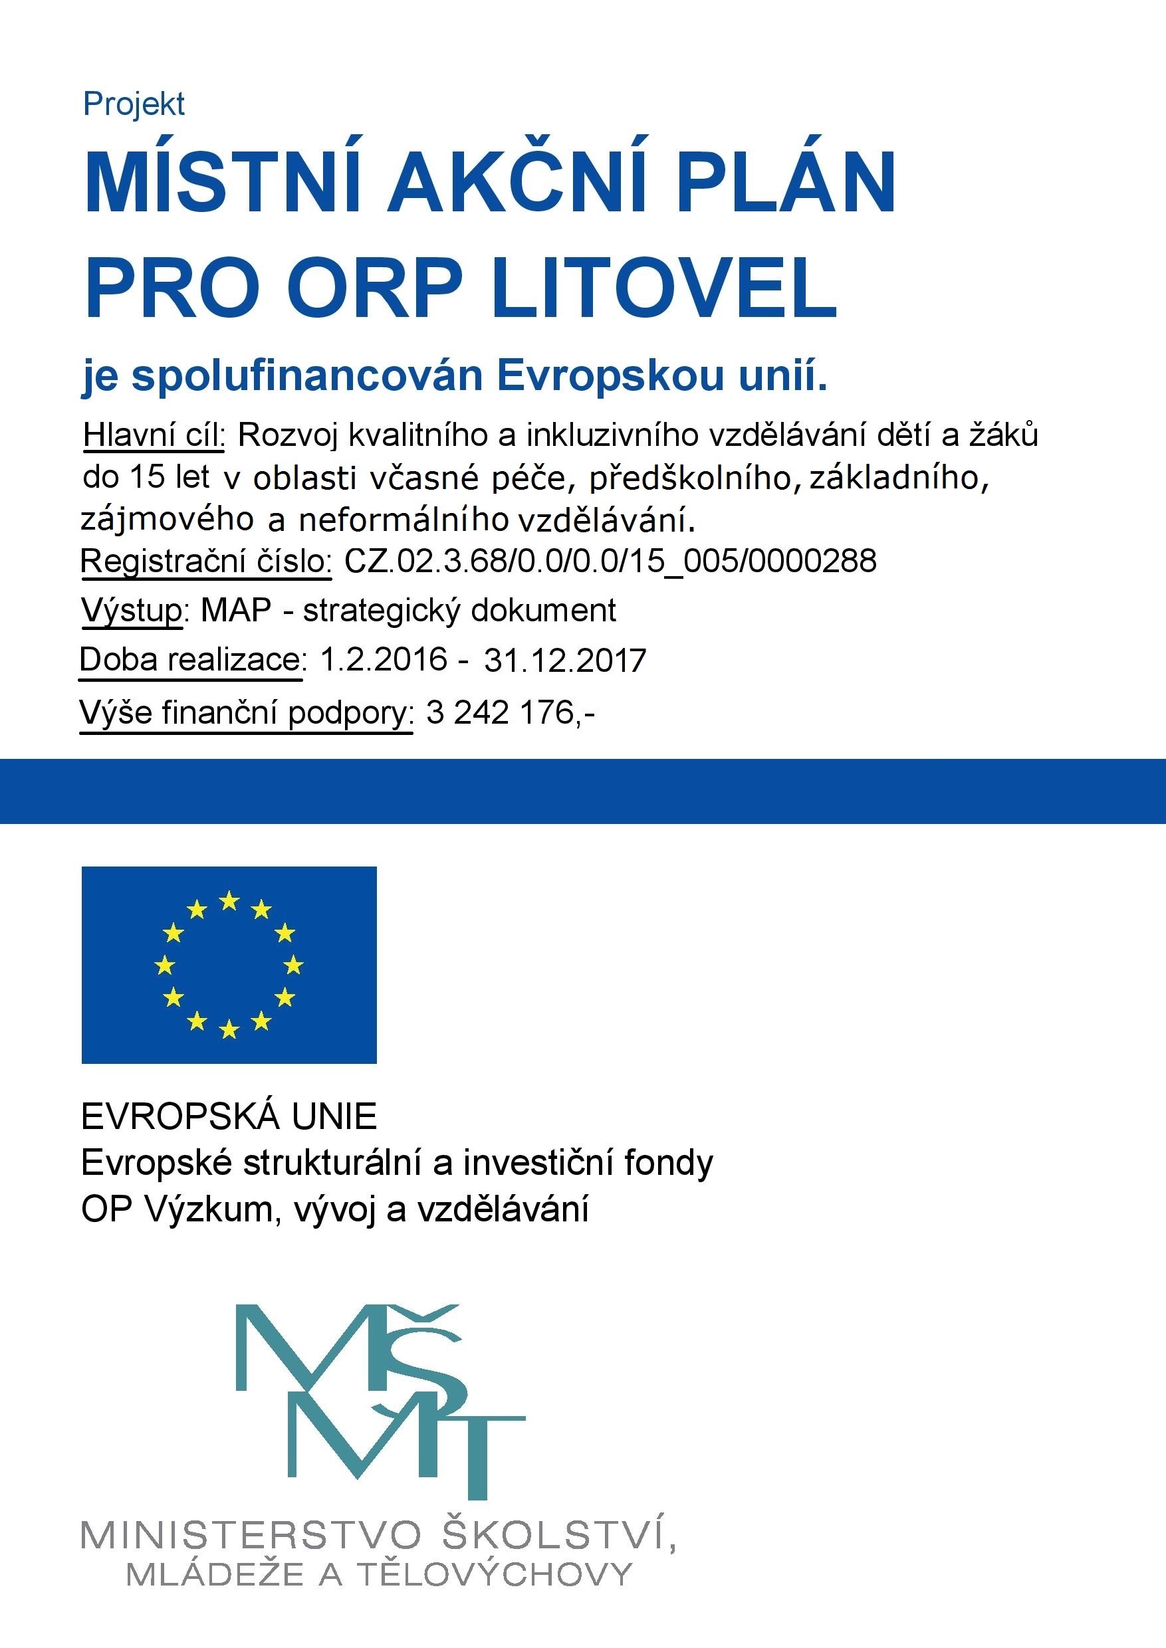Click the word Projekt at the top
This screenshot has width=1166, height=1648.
(x=134, y=104)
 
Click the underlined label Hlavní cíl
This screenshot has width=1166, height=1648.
(x=154, y=435)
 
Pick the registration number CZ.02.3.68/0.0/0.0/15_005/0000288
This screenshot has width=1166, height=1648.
(x=610, y=561)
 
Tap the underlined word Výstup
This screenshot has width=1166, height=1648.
(x=132, y=611)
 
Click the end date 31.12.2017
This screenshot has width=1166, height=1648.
(x=565, y=661)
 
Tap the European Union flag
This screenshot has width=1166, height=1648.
(x=229, y=965)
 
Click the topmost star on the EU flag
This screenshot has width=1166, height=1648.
(x=229, y=900)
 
